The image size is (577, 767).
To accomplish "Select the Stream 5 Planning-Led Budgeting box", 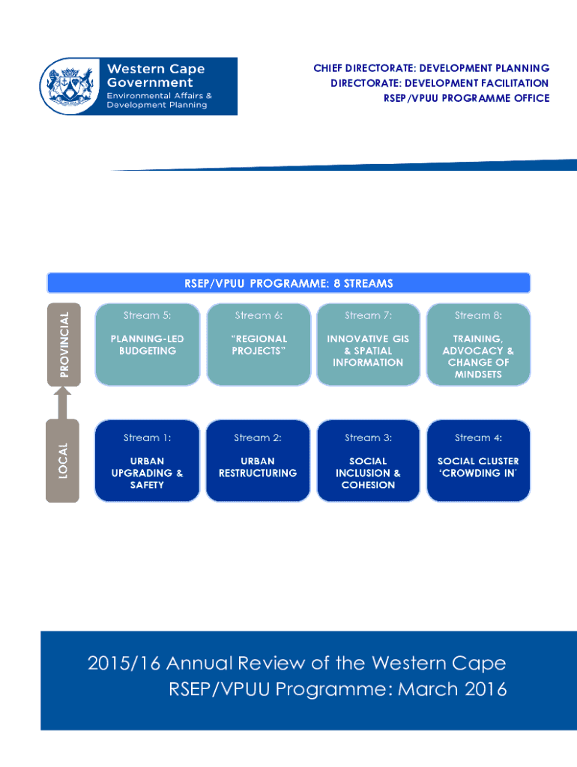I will coord(148,345).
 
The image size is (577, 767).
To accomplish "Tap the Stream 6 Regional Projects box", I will coord(259,345).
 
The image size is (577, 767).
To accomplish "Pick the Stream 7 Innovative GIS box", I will coord(368,345).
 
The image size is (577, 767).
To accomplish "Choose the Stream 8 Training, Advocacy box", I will coord(478,345).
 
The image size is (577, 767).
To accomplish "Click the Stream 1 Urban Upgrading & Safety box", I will coord(148,461).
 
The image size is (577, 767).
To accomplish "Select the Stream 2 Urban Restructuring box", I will coord(258,461).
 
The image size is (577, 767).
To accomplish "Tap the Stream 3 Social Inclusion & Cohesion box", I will coord(368,461).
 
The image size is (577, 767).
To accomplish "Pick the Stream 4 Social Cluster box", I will coord(478,461).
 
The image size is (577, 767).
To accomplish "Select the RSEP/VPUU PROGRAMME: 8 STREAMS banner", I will coord(288,283).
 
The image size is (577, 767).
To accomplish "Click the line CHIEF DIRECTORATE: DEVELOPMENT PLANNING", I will coord(431,69).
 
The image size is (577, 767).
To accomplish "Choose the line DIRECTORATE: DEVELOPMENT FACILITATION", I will coord(439,83).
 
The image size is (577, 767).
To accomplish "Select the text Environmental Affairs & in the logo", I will coord(159,96).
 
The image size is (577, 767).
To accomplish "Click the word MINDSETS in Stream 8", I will coord(478,375).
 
